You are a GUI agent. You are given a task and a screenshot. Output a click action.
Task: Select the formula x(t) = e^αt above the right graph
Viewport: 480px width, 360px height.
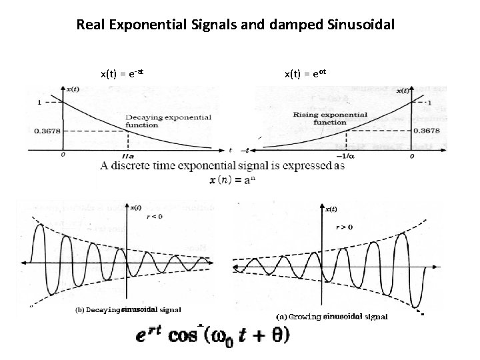click(x=305, y=73)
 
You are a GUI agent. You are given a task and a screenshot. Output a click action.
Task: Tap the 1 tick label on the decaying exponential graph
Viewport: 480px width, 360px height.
click(x=41, y=102)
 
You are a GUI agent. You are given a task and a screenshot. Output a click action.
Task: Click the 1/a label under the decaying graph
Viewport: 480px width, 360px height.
click(x=129, y=156)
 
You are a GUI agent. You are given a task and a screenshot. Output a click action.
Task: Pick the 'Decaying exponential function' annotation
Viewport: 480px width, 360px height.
click(x=168, y=121)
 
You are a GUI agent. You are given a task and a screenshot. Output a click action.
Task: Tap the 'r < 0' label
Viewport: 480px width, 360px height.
click(x=149, y=217)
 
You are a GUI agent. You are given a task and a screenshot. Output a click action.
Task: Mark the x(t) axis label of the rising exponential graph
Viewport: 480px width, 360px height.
click(x=402, y=90)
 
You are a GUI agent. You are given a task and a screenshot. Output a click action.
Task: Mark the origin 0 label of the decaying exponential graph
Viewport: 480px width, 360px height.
click(x=62, y=155)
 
